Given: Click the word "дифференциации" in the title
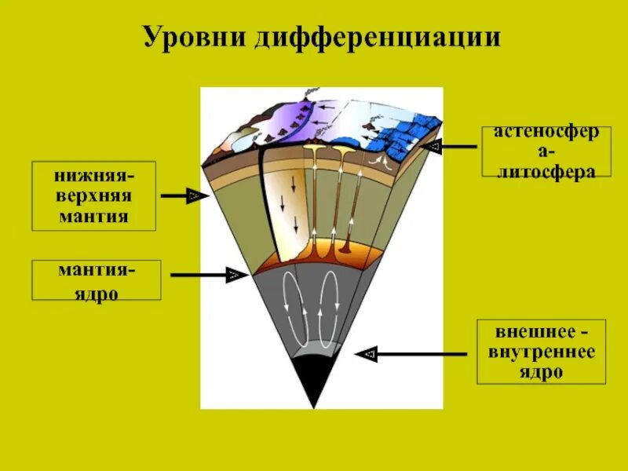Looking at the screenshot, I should pos(378,38).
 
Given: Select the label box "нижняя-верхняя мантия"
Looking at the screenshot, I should pos(93,196).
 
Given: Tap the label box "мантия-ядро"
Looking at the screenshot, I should pos(96,281).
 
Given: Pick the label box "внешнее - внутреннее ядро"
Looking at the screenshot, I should pos(542,351).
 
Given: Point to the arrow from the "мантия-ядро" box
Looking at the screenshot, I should pos(205,275).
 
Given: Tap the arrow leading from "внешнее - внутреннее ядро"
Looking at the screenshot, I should pos(416,354).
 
